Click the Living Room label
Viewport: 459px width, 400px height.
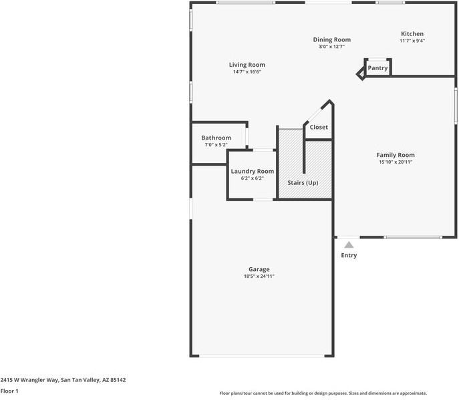(247, 65)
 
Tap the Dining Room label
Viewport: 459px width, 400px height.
(332, 39)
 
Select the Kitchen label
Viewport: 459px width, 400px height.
(412, 34)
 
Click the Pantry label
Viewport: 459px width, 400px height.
(377, 67)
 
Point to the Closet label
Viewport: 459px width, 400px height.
(319, 127)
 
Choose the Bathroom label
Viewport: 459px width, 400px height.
(216, 138)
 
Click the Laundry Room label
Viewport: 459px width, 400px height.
(252, 171)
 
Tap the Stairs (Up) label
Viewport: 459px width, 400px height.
(303, 182)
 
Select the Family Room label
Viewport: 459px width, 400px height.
(396, 155)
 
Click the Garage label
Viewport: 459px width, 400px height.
(259, 269)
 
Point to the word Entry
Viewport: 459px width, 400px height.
(349, 255)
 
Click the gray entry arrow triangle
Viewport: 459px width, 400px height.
(349, 245)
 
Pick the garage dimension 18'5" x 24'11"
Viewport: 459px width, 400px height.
(259, 276)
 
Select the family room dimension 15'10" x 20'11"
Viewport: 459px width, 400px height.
(396, 162)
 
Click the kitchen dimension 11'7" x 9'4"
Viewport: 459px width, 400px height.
(412, 41)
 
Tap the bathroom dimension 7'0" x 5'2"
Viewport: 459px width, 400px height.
(216, 145)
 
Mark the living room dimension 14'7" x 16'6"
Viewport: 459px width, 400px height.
(247, 72)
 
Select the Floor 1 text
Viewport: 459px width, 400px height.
(9, 391)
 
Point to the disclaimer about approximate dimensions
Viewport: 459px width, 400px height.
(323, 393)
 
